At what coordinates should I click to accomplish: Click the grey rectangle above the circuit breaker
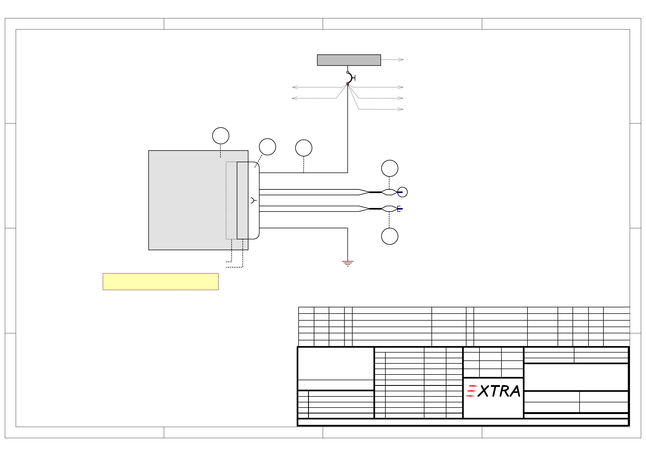click(349, 60)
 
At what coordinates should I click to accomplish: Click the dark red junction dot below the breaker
click(348, 84)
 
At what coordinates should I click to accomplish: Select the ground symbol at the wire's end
click(348, 263)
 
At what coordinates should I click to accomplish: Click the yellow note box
click(161, 282)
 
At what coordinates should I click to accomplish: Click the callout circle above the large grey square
click(220, 136)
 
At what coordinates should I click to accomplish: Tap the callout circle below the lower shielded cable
click(390, 236)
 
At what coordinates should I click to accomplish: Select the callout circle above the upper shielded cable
click(390, 168)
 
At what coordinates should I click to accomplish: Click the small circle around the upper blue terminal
click(403, 192)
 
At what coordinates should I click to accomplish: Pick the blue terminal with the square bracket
click(400, 209)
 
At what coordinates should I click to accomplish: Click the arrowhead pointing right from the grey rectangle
click(401, 60)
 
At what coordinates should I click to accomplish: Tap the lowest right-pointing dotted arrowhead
click(400, 109)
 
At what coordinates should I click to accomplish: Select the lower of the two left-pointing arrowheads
click(295, 98)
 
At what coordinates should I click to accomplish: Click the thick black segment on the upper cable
click(375, 192)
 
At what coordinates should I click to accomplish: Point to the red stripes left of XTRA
click(471, 391)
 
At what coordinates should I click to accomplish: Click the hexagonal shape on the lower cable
click(389, 209)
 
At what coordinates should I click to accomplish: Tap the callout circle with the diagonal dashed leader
click(267, 147)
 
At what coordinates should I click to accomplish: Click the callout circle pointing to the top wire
click(303, 148)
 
